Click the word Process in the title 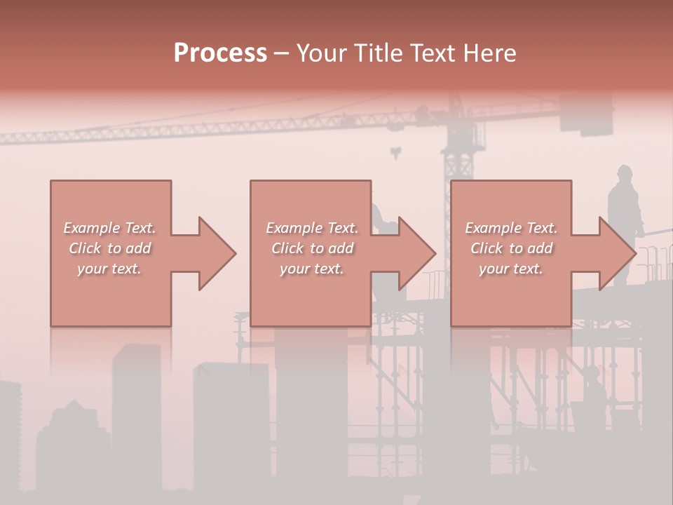click(x=220, y=53)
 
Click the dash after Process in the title click(x=282, y=54)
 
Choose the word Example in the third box click(x=494, y=228)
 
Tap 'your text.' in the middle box click(x=312, y=269)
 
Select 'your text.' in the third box click(x=511, y=269)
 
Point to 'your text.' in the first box click(x=109, y=269)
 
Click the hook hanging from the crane click(x=397, y=152)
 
